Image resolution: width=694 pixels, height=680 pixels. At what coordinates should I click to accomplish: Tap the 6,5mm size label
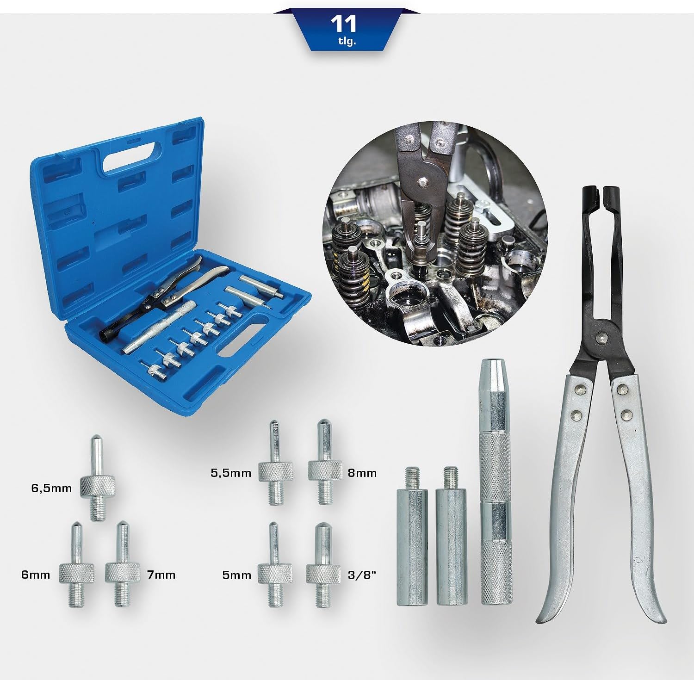(51, 488)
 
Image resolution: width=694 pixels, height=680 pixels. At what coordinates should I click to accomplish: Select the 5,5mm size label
(231, 473)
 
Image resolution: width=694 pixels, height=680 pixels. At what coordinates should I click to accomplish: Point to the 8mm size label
(362, 473)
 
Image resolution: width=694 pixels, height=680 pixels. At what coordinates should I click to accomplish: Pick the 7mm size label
(161, 575)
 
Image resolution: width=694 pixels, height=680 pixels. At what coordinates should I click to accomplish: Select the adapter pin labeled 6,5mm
(98, 479)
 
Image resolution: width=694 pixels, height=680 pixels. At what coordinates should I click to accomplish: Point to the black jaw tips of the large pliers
(600, 193)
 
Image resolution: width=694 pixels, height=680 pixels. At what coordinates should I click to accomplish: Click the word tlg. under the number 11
(347, 42)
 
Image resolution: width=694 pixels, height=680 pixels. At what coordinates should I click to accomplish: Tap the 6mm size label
(36, 575)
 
